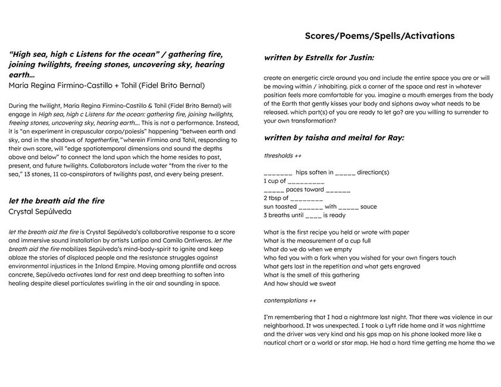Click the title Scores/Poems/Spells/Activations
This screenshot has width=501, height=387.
[379, 36]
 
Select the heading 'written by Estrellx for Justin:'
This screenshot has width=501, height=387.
[319, 58]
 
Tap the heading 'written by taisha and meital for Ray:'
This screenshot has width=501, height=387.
[334, 138]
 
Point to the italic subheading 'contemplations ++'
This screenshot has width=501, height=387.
[290, 301]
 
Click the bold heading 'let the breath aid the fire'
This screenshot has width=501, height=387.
[57, 201]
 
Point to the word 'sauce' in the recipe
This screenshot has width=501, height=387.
[368, 206]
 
